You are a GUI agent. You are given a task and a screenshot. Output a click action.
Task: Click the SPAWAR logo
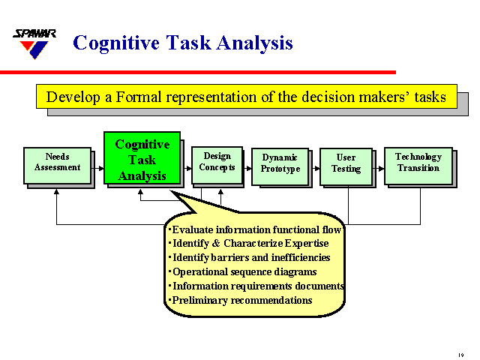pyautogui.click(x=31, y=44)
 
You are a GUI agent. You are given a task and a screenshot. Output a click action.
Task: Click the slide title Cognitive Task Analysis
pyautogui.click(x=182, y=43)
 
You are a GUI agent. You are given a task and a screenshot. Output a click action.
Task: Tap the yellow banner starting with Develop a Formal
pyautogui.click(x=246, y=97)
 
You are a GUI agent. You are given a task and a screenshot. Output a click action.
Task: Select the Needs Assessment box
pyautogui.click(x=57, y=163)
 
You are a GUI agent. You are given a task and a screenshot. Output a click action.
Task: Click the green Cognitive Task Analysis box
pyautogui.click(x=142, y=159)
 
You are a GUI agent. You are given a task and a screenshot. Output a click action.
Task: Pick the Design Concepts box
pyautogui.click(x=217, y=162)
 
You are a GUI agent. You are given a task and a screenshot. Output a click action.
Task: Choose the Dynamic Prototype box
pyautogui.click(x=280, y=163)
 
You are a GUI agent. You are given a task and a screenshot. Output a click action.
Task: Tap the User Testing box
pyautogui.click(x=346, y=163)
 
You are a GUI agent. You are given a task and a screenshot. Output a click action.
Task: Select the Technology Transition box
pyautogui.click(x=418, y=163)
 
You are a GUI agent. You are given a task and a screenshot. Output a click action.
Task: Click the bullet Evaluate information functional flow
pyautogui.click(x=255, y=229)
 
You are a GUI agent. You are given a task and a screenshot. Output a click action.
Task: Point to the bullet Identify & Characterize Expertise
pyautogui.click(x=249, y=244)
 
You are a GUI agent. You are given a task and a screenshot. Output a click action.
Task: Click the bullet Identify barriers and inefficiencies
pyautogui.click(x=249, y=258)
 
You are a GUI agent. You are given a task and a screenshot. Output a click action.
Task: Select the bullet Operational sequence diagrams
pyautogui.click(x=244, y=272)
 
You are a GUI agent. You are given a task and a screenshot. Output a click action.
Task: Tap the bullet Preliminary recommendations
pyautogui.click(x=241, y=301)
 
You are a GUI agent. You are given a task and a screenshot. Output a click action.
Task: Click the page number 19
pyautogui.click(x=460, y=352)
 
